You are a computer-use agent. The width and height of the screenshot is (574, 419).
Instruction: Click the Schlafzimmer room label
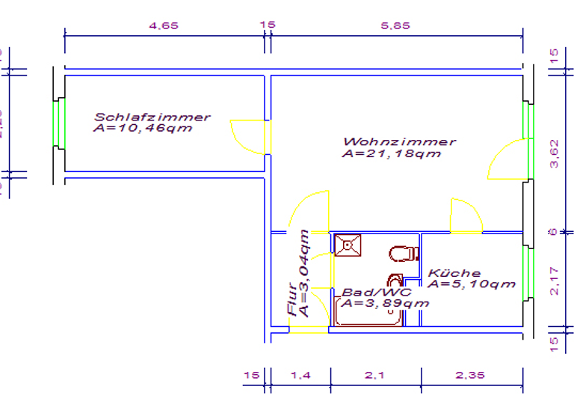point(152,117)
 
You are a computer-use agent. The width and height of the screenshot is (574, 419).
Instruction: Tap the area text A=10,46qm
point(143,128)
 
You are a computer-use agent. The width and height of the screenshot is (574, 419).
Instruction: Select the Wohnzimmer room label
point(399,141)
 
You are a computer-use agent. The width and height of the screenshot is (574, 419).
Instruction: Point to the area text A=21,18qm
point(391,154)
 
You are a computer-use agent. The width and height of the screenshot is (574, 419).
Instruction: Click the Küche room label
point(454,273)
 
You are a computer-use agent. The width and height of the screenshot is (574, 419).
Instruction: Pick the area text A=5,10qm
point(472,284)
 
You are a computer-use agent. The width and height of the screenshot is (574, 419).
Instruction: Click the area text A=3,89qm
point(386,303)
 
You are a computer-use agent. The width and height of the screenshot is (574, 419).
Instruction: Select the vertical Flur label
point(291,307)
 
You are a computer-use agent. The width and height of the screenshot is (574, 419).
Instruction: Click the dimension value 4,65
point(164,25)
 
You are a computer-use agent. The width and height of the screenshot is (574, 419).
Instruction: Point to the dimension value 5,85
point(395,25)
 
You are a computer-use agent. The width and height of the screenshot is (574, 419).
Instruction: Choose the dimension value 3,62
point(554,154)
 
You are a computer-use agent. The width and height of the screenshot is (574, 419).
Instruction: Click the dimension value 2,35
point(470,375)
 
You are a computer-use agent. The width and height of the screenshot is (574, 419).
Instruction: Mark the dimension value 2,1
point(374,375)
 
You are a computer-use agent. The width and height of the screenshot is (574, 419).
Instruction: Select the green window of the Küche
point(528,273)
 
